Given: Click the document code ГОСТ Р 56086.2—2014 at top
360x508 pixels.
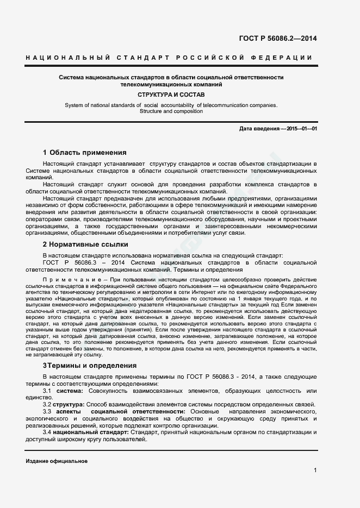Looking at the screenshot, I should click(x=278, y=39).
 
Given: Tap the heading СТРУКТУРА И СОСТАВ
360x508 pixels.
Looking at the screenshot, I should click(x=171, y=95).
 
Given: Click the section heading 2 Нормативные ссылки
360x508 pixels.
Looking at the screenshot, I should click(x=85, y=244).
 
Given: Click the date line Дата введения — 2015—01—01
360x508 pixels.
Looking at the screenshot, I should click(x=278, y=128).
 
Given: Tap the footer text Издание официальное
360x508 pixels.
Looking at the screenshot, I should click(x=57, y=461).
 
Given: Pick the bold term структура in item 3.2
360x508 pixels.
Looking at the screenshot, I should click(x=69, y=405).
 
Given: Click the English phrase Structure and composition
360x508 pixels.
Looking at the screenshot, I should click(x=171, y=111).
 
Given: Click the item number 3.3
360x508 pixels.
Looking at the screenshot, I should click(x=47, y=412).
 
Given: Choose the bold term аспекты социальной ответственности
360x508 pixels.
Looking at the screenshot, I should click(x=122, y=412).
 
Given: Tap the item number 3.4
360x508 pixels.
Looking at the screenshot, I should click(x=47, y=432).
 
